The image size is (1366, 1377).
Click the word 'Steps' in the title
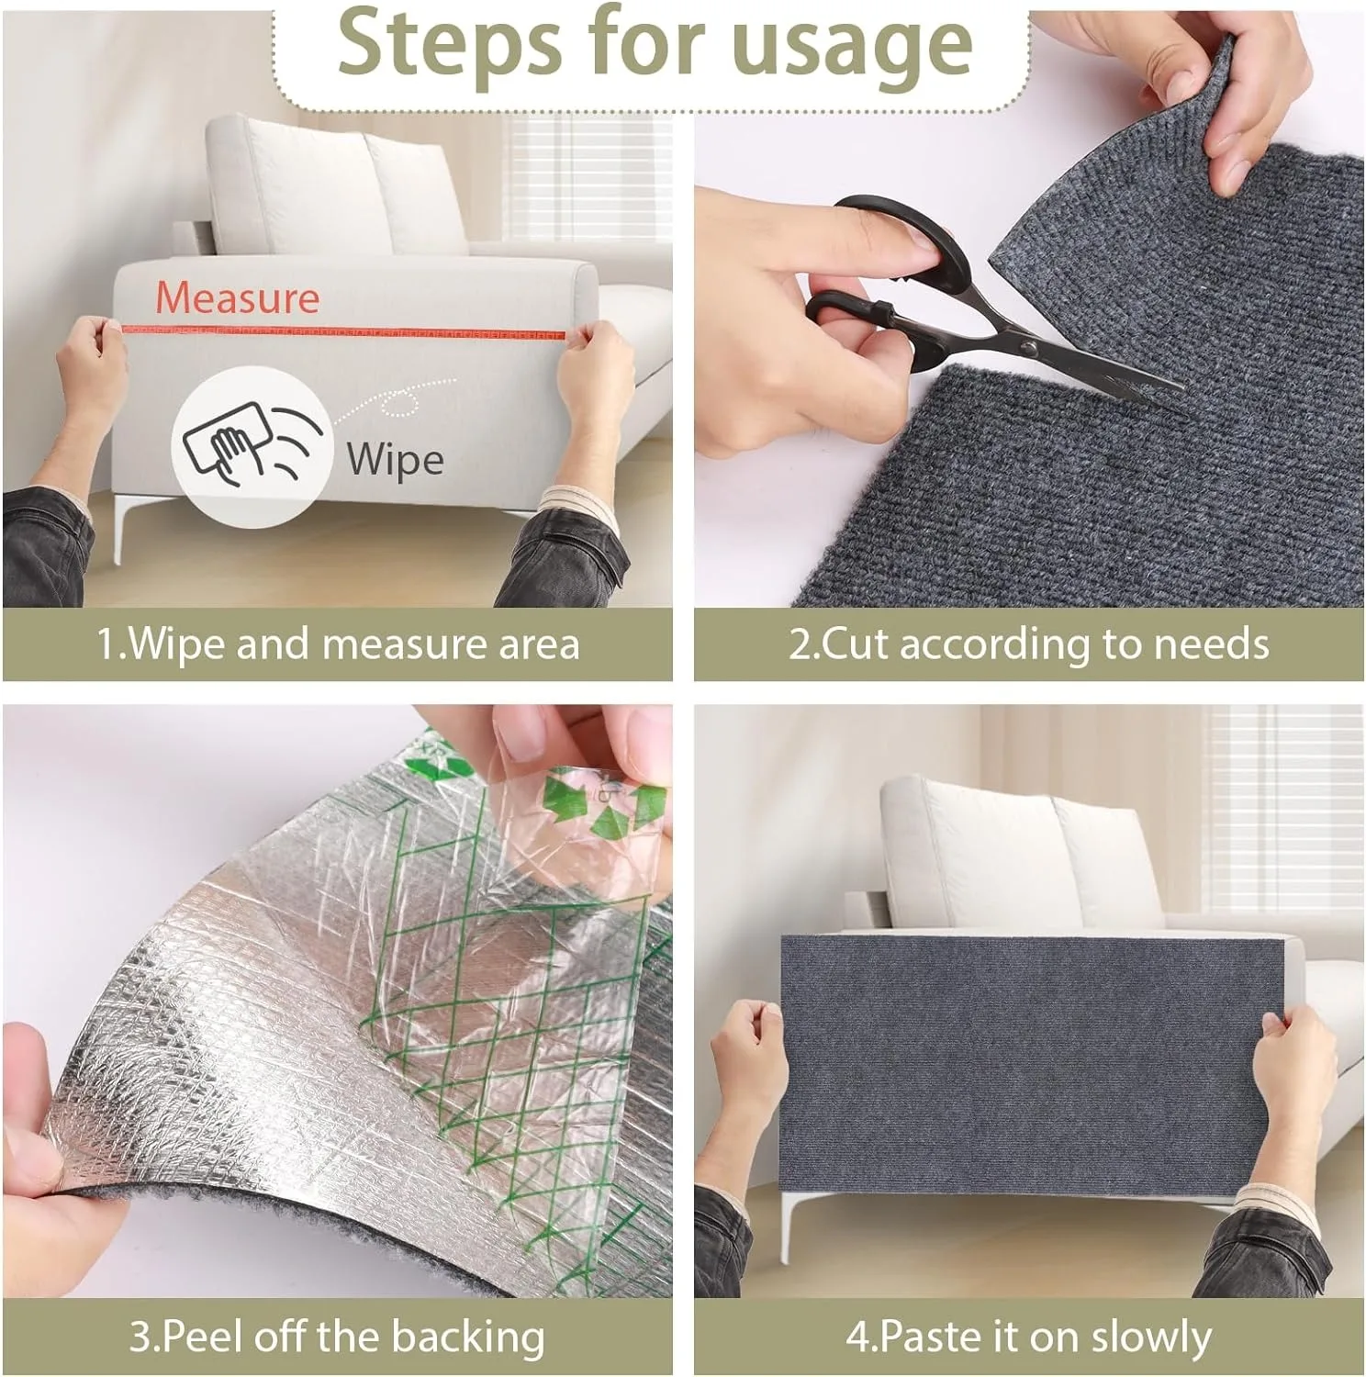[x=438, y=43]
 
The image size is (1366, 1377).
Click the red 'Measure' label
[x=237, y=297]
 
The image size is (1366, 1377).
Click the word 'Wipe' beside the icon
[x=395, y=459]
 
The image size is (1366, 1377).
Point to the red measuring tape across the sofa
[x=349, y=331]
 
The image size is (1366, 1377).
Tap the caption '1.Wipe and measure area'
[x=338, y=644]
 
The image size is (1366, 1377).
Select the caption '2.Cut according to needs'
[x=1029, y=644]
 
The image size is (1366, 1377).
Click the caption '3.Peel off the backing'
[x=338, y=1336]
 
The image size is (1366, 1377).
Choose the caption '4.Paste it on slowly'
[x=1029, y=1336]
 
